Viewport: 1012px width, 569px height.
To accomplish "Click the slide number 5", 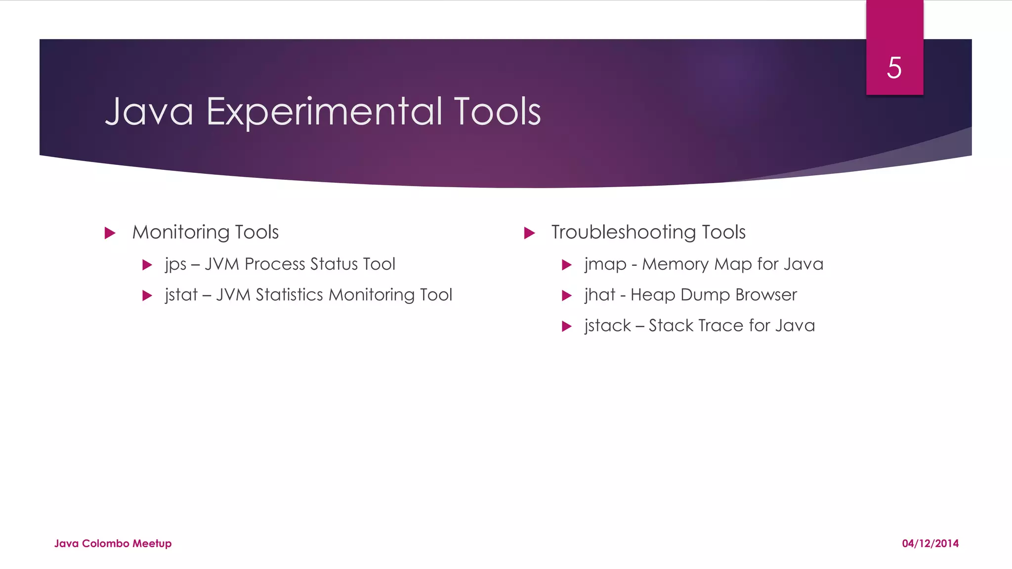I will coord(894,68).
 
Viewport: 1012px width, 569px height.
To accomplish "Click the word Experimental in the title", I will coord(324,112).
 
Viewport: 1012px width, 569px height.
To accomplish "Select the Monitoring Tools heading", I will coord(205,232).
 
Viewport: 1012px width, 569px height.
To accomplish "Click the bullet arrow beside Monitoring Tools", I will coord(110,233).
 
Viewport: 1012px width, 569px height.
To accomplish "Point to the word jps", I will coord(175,265).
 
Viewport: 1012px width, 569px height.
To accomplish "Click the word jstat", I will coord(181,295).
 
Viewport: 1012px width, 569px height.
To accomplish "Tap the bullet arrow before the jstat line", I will coord(147,296).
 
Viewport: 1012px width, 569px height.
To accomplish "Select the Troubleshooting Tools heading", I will coord(648,232).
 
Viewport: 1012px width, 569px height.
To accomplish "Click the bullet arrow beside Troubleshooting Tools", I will coord(529,233).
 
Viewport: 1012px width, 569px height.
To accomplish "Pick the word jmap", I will coord(605,265).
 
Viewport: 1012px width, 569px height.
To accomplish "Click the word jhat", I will coord(599,295).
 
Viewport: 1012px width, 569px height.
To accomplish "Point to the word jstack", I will coord(607,326).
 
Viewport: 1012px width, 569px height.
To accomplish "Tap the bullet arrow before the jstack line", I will coord(567,326).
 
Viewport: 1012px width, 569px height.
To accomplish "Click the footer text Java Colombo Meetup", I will coord(113,543).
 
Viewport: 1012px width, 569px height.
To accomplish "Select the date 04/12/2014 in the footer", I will coord(930,543).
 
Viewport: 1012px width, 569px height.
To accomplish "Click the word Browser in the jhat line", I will coord(766,295).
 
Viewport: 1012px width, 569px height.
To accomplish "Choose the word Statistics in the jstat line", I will coord(289,295).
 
